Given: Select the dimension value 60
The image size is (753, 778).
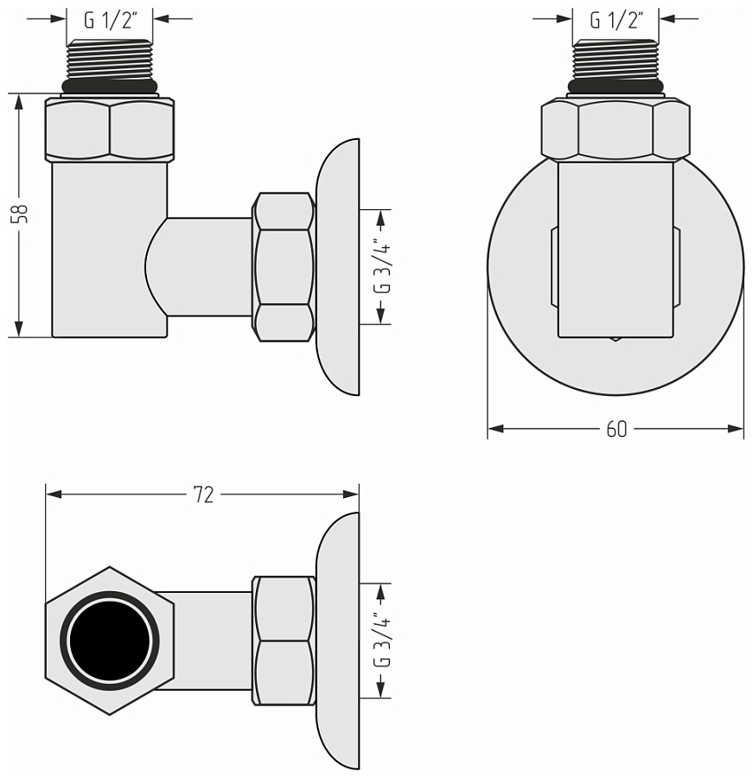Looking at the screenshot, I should point(616,430).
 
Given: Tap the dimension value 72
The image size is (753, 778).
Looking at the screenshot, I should point(203,494).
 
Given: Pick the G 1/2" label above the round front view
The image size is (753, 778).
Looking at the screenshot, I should point(616,20).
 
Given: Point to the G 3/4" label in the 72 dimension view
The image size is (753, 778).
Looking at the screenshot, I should point(381,640).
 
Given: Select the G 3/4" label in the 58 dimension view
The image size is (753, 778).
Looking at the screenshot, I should point(381,266).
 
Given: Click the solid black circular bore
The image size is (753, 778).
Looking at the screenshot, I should point(110,641).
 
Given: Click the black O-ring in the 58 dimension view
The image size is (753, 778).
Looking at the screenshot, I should point(109,87).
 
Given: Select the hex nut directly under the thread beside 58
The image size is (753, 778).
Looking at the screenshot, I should point(109,130).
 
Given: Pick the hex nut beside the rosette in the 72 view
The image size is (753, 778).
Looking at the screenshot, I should point(284,641).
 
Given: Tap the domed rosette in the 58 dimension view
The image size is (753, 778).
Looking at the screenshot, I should point(339,266).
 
